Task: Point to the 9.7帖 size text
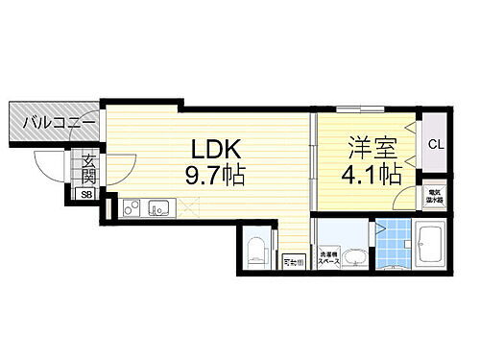[x=223, y=176]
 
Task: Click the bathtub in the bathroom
[x=429, y=247]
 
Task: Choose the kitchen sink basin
[x=157, y=205]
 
